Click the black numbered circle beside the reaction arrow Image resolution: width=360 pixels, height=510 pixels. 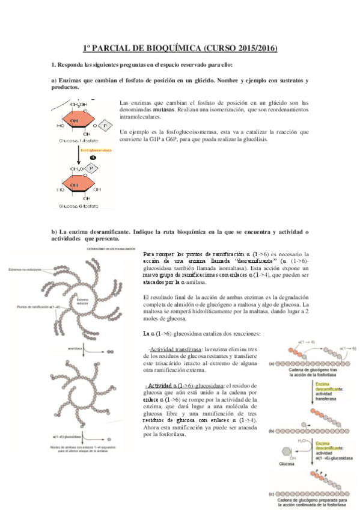pos(93,158)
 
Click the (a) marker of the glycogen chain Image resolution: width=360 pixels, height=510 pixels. pos(272,363)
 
